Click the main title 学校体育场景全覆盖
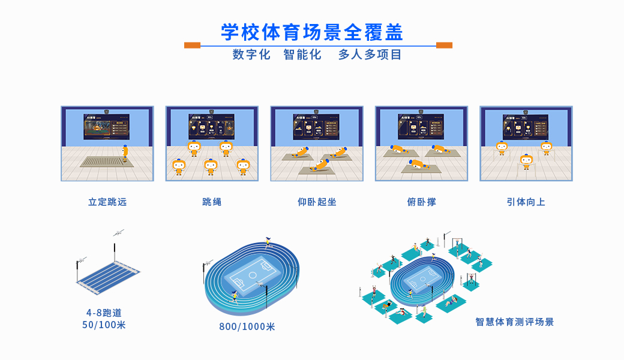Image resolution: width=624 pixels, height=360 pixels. pyautogui.click(x=312, y=32)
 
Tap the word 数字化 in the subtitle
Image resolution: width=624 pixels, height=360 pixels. pyautogui.click(x=252, y=55)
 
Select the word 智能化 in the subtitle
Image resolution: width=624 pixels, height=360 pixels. pyautogui.click(x=302, y=55)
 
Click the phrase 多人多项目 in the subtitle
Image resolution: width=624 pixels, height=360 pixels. pyautogui.click(x=370, y=55)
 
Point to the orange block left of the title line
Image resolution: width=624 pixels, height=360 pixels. pyautogui.click(x=192, y=45)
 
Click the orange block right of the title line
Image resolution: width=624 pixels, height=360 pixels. pyautogui.click(x=444, y=45)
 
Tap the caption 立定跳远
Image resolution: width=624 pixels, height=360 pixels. pyautogui.click(x=107, y=202)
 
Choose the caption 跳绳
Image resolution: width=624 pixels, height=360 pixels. pyautogui.click(x=212, y=202)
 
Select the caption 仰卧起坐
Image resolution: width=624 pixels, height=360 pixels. pyautogui.click(x=317, y=202)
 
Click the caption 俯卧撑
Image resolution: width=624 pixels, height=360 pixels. pyautogui.click(x=421, y=202)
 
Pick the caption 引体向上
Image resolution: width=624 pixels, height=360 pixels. pyautogui.click(x=526, y=202)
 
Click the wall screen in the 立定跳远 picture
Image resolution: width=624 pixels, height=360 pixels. pyautogui.click(x=107, y=127)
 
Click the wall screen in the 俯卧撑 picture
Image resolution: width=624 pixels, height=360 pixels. pyautogui.click(x=421, y=127)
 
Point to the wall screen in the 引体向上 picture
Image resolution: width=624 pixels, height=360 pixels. pyautogui.click(x=526, y=127)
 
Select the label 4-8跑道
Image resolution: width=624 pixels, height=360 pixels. pyautogui.click(x=104, y=313)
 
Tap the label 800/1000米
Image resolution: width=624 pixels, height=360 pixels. pyautogui.click(x=247, y=327)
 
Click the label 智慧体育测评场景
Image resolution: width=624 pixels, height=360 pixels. pyautogui.click(x=515, y=322)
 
